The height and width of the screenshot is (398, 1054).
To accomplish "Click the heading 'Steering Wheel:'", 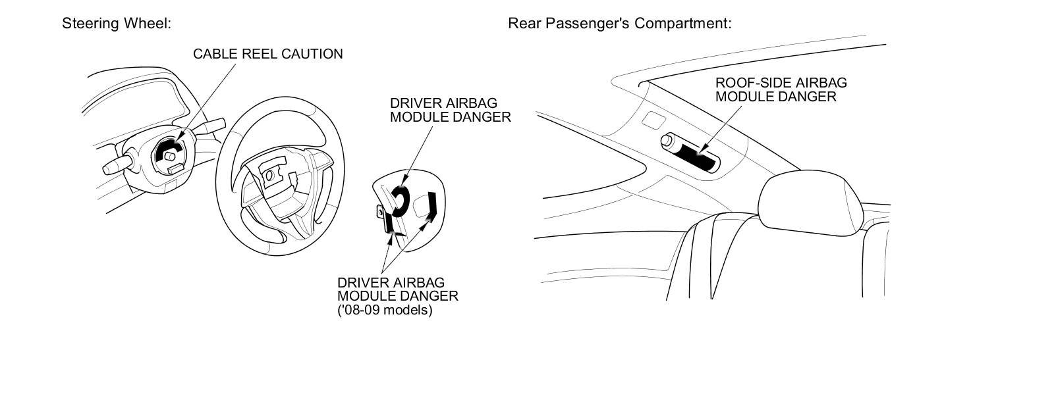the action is [117, 24].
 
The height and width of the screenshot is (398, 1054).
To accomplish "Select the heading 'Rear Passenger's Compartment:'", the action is [619, 24].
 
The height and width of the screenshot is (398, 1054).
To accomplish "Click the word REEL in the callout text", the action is [254, 54].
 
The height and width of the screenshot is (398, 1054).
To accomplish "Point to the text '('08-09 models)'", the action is [385, 310].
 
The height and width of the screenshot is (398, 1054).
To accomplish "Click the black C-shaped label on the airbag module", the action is [401, 200].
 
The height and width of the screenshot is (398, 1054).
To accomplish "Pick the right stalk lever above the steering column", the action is [212, 125].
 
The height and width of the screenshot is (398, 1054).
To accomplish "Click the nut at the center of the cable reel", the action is [170, 157].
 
